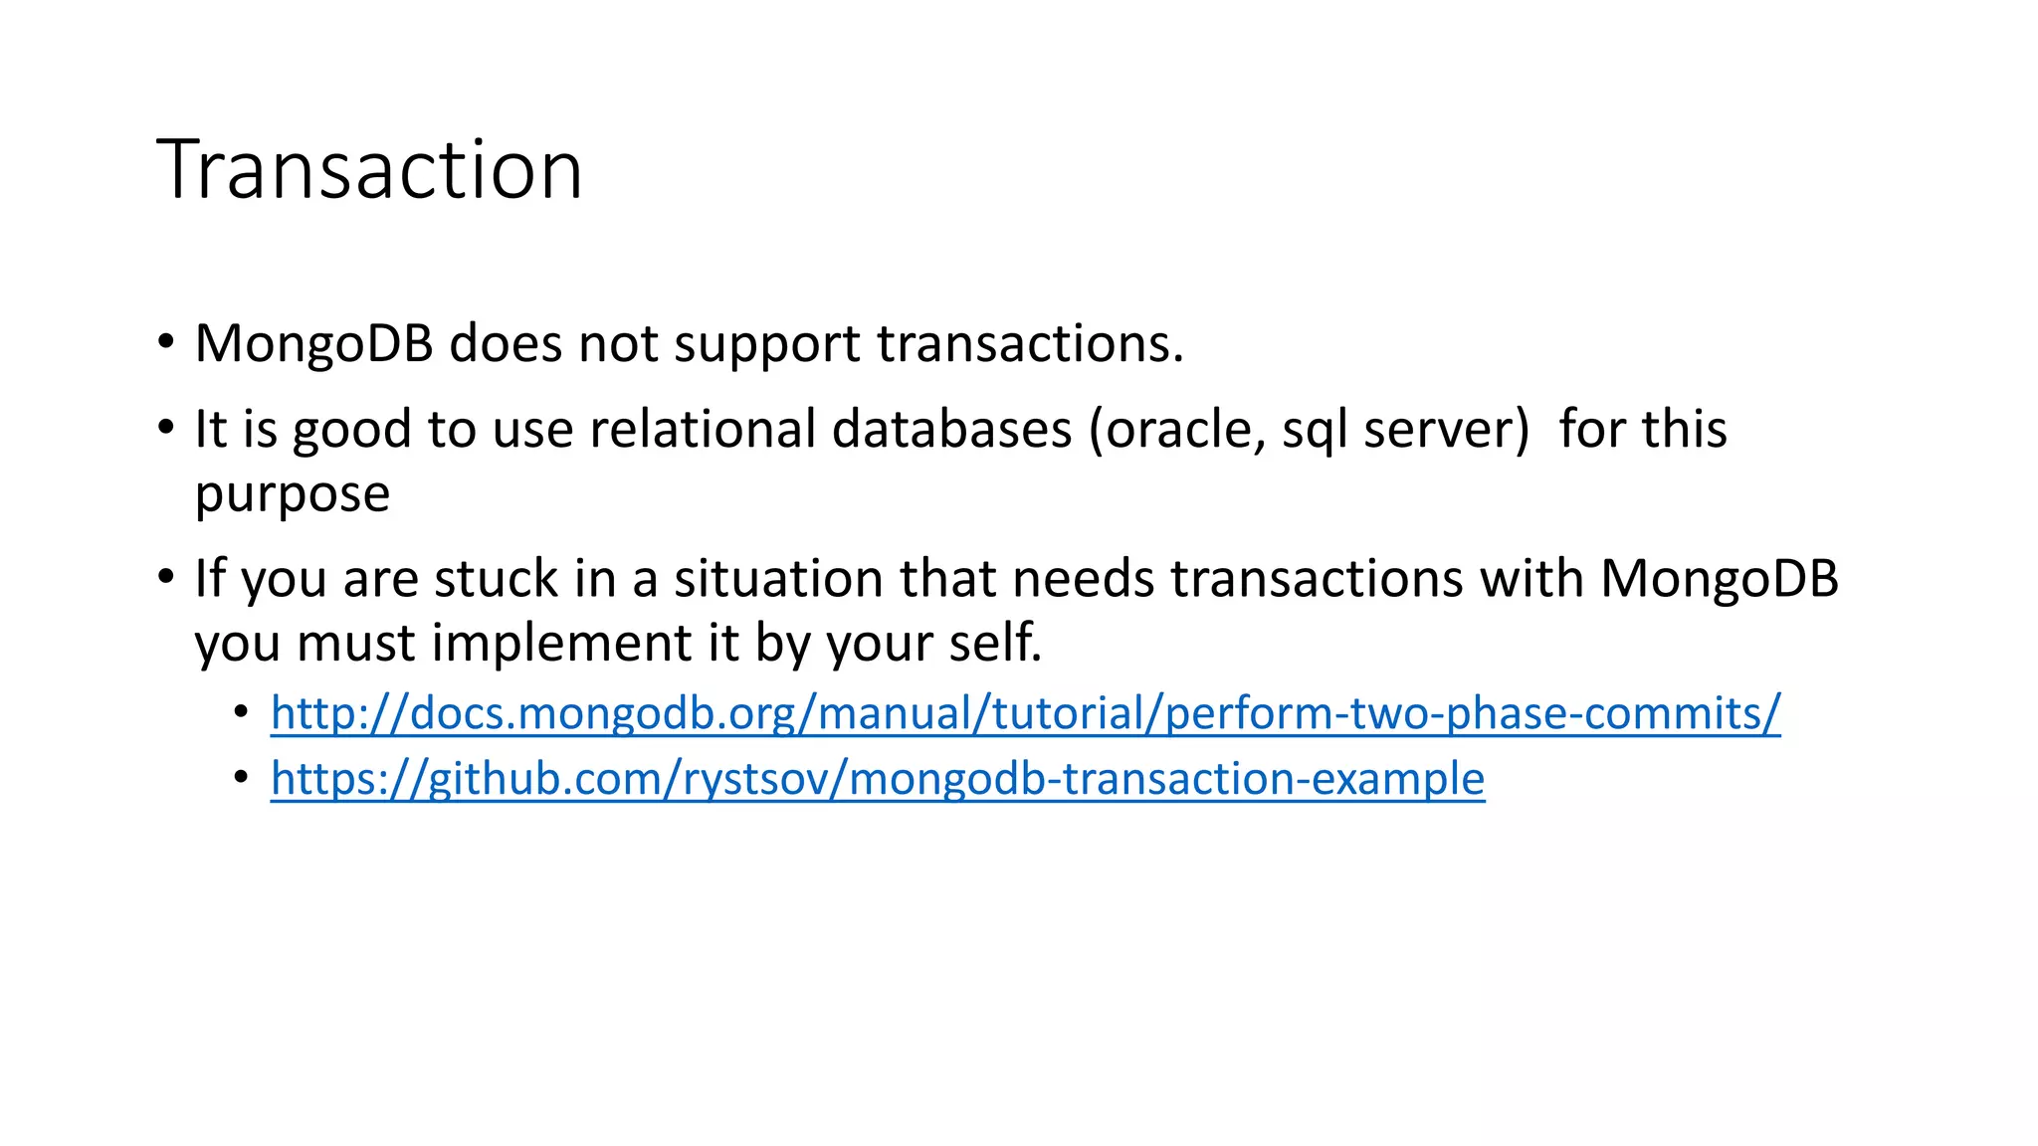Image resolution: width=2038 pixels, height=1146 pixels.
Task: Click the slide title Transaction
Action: click(369, 170)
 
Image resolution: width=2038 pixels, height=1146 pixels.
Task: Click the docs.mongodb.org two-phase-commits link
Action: click(1025, 713)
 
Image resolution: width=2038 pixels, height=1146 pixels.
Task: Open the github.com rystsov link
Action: click(877, 778)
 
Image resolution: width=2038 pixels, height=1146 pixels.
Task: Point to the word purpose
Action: click(292, 495)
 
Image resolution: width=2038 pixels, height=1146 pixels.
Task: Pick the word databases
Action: click(951, 430)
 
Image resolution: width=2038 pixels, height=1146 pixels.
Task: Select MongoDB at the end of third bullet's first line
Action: click(1719, 579)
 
